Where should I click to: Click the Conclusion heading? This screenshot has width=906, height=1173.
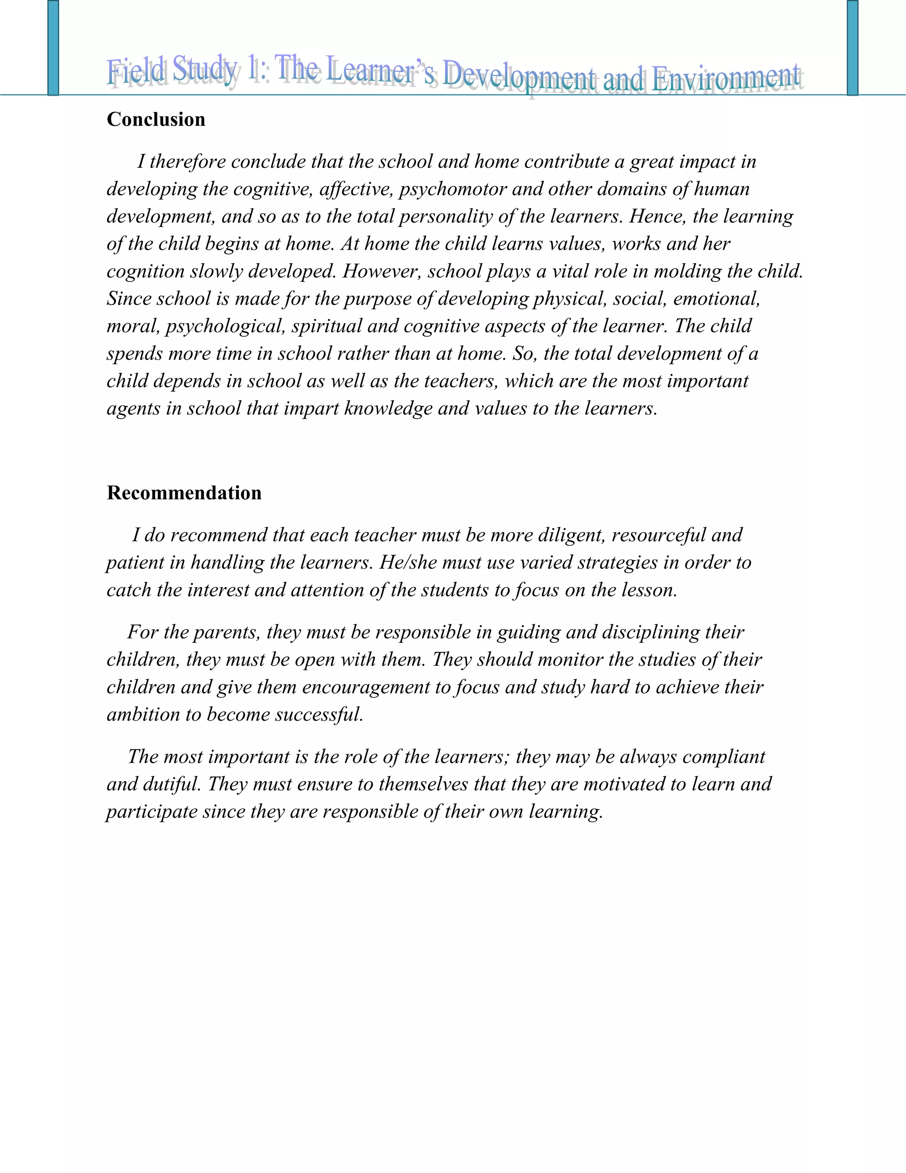coord(156,119)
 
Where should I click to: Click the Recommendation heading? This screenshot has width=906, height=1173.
coord(184,493)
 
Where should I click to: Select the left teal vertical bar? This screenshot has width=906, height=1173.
coord(53,47)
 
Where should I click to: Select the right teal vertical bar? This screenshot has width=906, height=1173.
coord(852,47)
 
